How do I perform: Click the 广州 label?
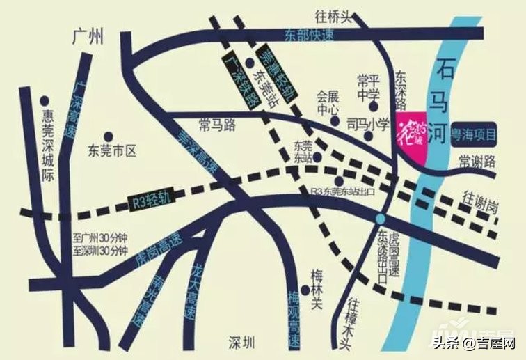[87, 36]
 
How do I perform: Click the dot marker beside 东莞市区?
[108, 136]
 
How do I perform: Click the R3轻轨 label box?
[150, 201]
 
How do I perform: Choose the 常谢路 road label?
[477, 162]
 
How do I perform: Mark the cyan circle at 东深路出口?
[380, 219]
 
